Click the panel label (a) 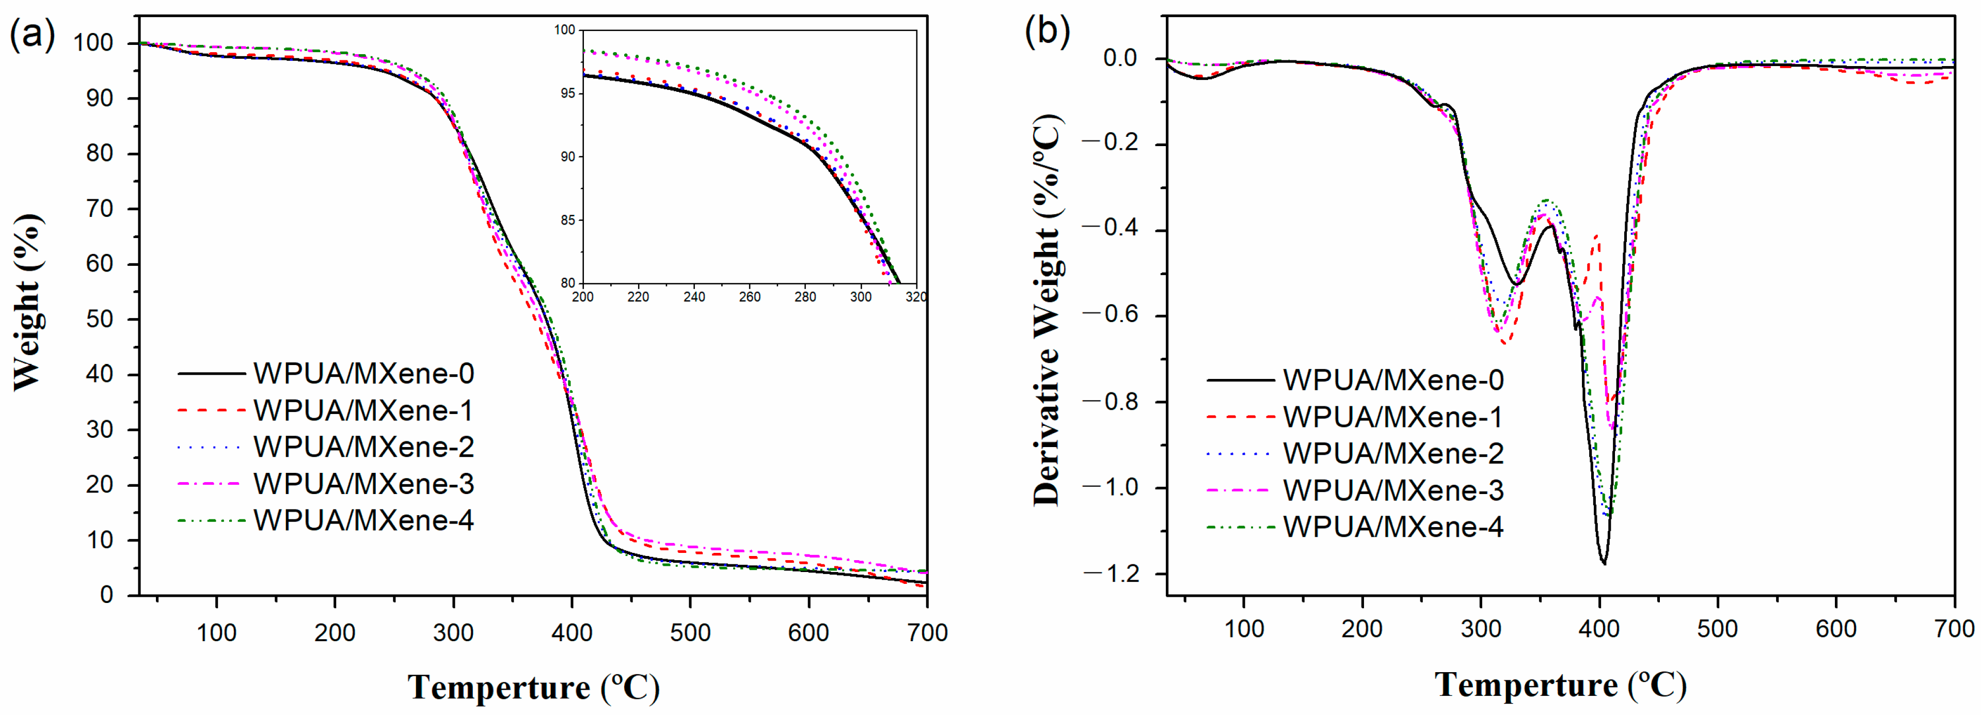point(33,34)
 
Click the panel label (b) point(1048,33)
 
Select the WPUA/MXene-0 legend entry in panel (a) point(363,374)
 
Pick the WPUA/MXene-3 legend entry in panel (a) point(363,484)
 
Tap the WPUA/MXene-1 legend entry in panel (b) point(1392,417)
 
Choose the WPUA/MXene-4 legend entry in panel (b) point(1392,527)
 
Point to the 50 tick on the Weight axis point(100,319)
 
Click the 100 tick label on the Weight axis point(94,43)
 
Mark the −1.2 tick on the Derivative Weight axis point(1111,574)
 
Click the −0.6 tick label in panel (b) point(1111,315)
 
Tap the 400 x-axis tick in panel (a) point(572,633)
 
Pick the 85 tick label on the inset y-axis point(567,220)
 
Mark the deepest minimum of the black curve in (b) point(1604,562)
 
